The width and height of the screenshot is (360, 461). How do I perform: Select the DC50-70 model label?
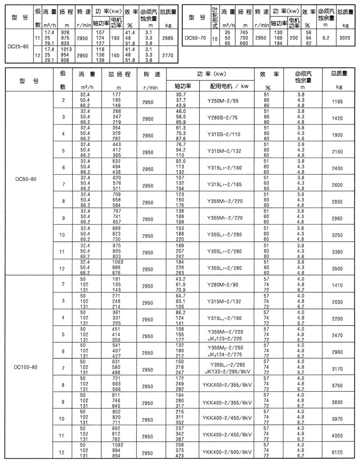point(195,39)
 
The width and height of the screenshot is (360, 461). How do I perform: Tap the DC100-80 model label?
point(26,367)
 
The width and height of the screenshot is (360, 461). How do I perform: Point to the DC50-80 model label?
point(26,179)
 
